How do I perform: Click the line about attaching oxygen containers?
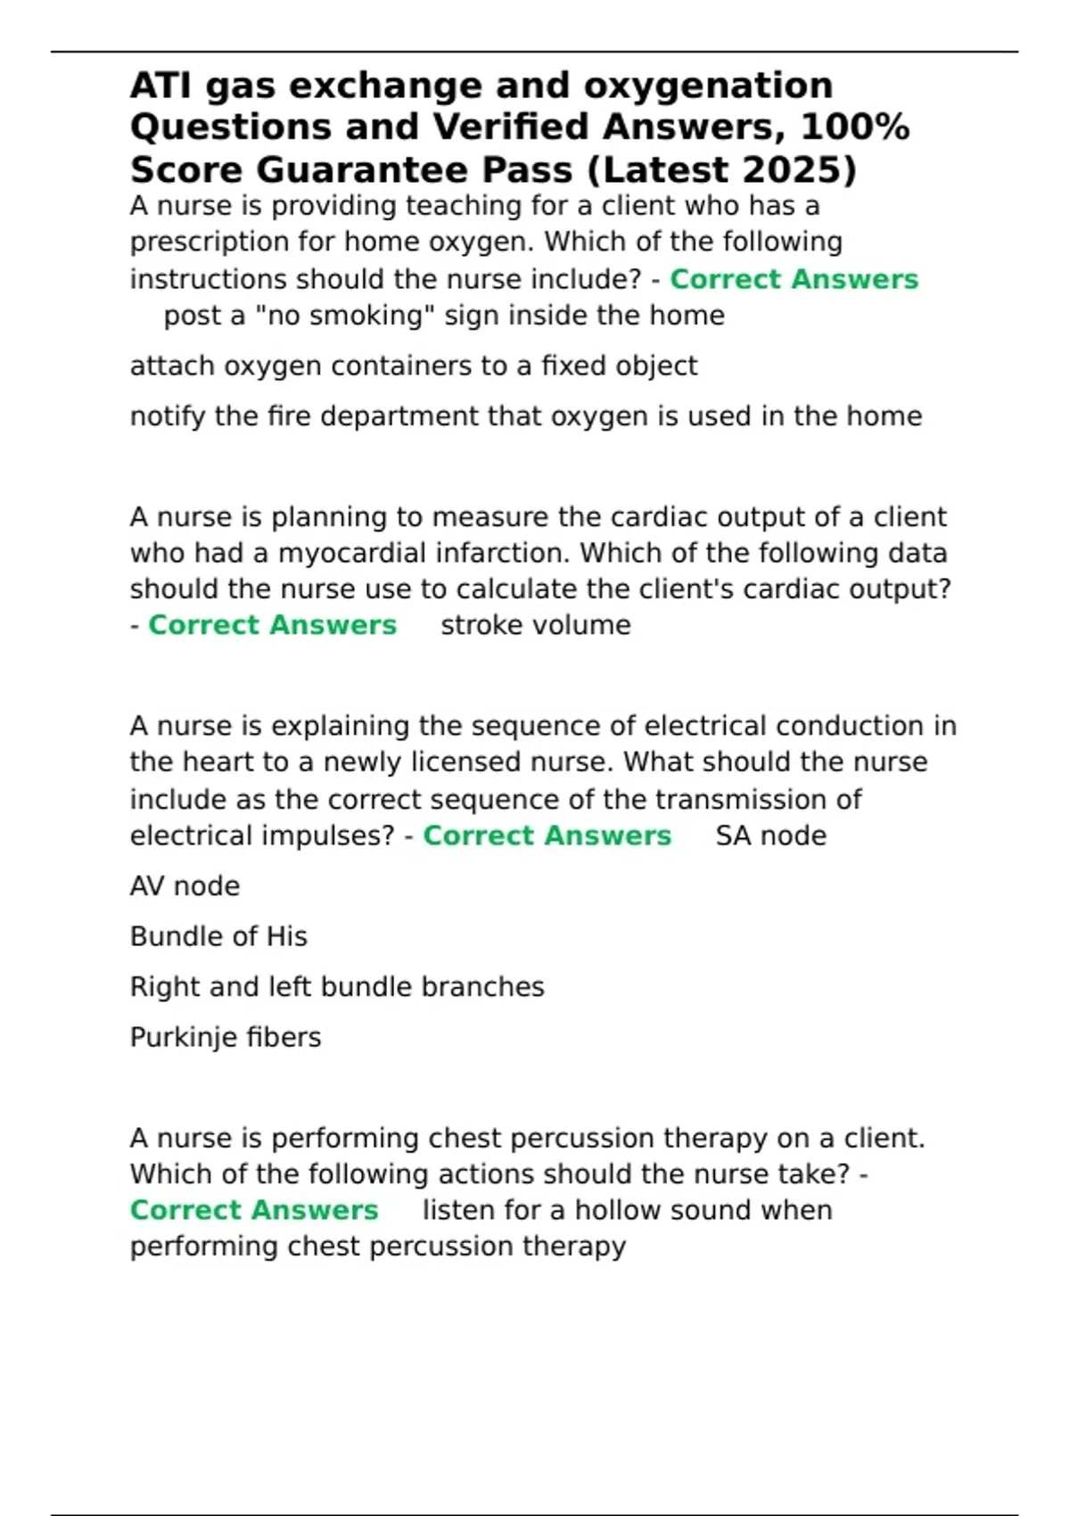tap(414, 366)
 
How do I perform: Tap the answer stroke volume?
tap(535, 625)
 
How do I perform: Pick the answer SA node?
tap(770, 836)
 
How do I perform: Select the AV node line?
tap(185, 886)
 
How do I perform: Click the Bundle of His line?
tap(218, 936)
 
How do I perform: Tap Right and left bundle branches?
tap(337, 987)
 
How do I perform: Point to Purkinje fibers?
tap(226, 1037)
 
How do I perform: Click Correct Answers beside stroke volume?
tap(272, 625)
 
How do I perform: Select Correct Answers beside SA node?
tap(547, 836)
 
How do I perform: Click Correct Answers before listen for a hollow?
tap(254, 1210)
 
